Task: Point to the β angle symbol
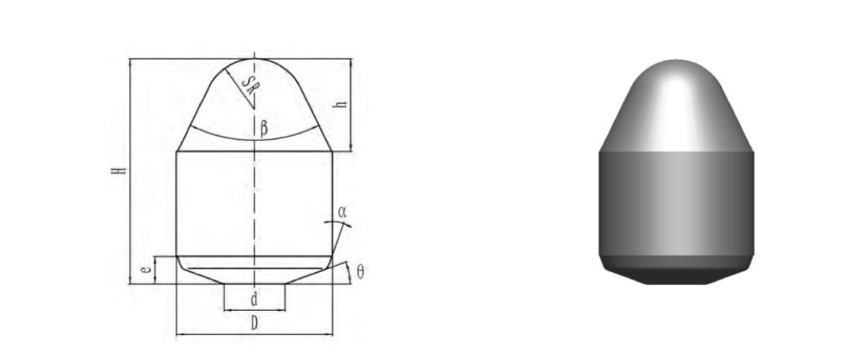tap(263, 126)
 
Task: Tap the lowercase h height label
tap(342, 105)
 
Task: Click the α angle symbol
tap(342, 212)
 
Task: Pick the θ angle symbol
tap(359, 272)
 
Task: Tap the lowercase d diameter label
tap(254, 300)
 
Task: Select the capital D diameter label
tap(254, 325)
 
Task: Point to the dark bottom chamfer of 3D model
tap(677, 272)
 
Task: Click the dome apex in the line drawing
tap(255, 59)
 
